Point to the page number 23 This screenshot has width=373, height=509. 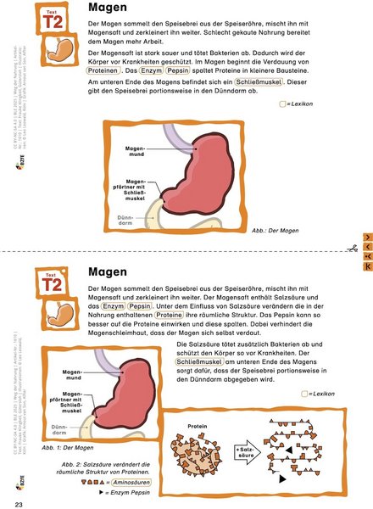19,505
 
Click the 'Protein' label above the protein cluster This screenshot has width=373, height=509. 198,427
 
